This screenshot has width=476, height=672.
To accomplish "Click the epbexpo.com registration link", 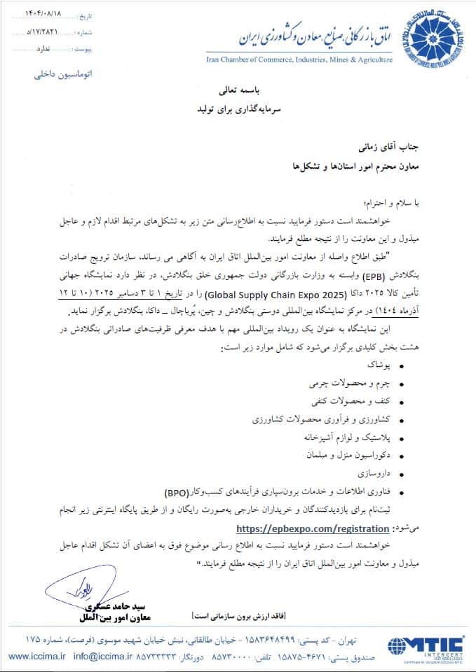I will point(313,528).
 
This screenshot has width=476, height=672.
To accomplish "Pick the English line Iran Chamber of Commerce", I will point(299,60).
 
